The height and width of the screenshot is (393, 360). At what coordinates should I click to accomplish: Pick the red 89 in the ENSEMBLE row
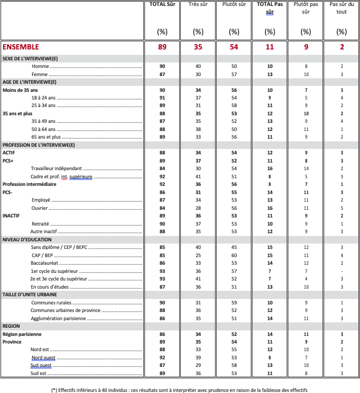[162, 47]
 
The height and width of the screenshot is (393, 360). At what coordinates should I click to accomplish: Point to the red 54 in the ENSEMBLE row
[233, 47]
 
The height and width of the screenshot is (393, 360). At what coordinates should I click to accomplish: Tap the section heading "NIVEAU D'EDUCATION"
[29, 240]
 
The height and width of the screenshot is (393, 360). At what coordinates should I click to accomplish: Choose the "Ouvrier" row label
[40, 208]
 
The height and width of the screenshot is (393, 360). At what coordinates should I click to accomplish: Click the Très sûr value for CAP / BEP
[198, 255]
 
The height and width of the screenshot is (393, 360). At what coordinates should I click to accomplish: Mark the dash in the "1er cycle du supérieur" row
[342, 271]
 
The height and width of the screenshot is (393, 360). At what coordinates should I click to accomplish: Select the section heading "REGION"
[11, 326]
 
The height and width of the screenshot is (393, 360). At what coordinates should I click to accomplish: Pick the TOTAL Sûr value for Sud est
[162, 373]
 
